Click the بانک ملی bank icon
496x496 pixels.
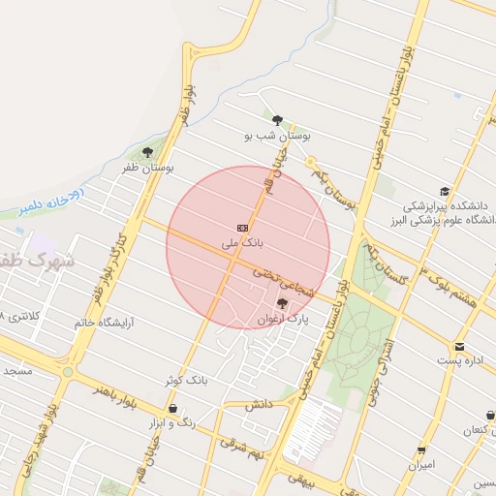242,226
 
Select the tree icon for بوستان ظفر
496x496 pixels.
147,152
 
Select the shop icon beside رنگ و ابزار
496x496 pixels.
172,411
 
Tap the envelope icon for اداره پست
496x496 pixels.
459,346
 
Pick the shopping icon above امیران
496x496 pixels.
421,449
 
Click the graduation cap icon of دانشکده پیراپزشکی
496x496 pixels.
445,192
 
